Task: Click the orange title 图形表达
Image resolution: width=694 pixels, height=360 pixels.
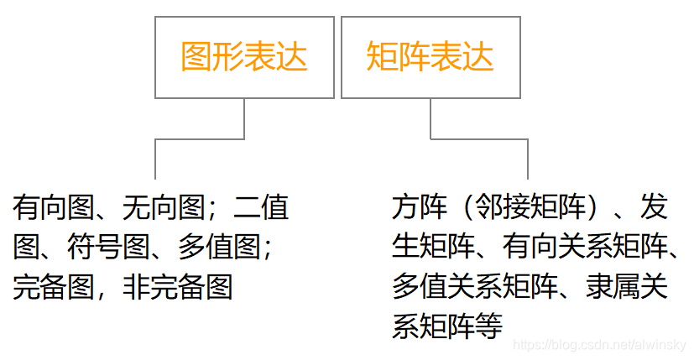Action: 244,57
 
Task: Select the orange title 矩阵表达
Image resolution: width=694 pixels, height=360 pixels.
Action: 430,57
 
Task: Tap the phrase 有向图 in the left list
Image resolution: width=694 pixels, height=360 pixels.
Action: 54,206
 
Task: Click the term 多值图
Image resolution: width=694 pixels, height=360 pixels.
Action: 220,247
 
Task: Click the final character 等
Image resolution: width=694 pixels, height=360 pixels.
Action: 488,327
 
